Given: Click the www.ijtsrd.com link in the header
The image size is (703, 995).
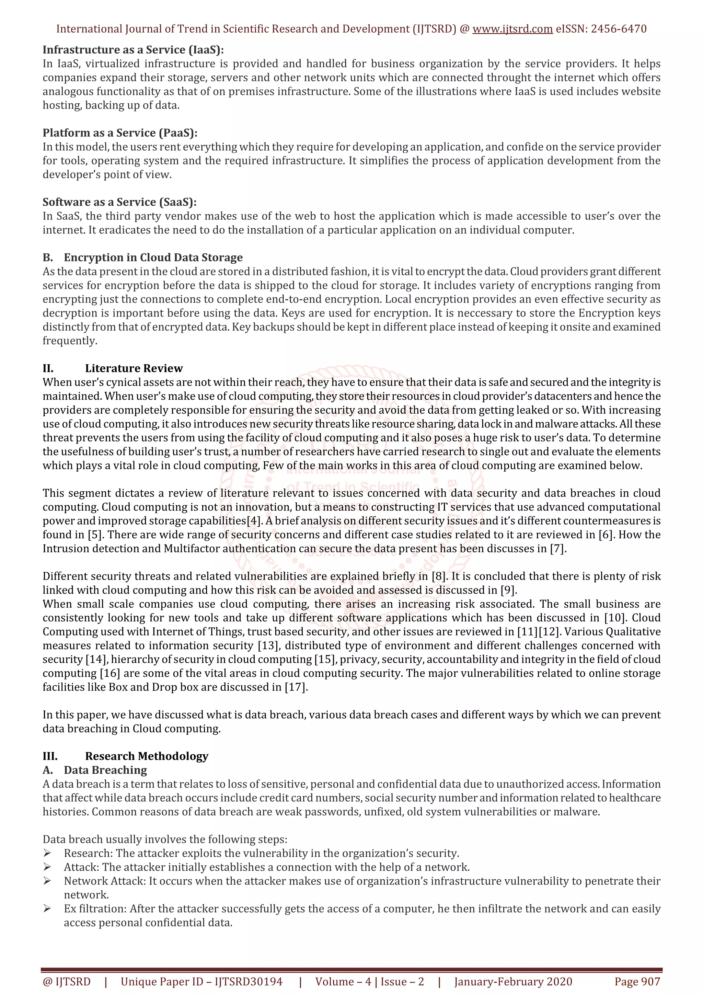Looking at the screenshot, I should tap(512, 29).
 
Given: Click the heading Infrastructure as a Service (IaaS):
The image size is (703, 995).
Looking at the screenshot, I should tap(133, 50).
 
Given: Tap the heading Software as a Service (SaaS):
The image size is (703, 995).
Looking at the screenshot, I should tap(119, 202).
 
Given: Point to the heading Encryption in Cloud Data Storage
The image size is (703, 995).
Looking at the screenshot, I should tap(153, 258).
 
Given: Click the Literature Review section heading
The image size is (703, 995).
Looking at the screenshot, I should tap(134, 368).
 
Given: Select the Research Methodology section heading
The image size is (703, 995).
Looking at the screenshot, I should tap(147, 756).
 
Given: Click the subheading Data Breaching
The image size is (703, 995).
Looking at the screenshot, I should tap(105, 770).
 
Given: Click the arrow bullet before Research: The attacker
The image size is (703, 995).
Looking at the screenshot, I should tap(47, 853).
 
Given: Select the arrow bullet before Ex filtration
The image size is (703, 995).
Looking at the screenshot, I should tap(47, 909).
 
